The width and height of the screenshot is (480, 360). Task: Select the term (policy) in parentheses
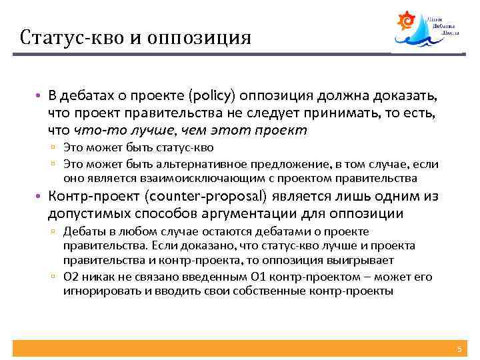click(213, 99)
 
